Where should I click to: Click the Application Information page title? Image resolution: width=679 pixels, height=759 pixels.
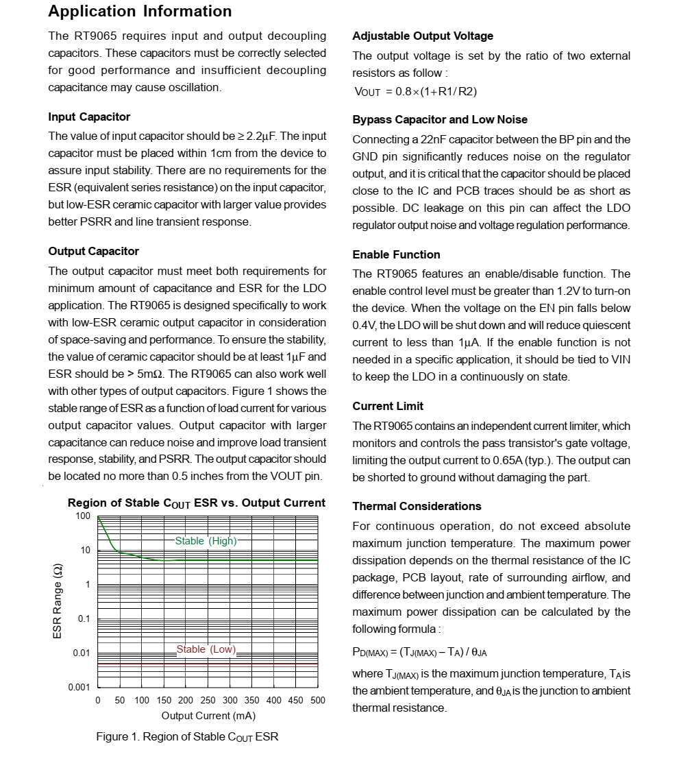click(x=140, y=12)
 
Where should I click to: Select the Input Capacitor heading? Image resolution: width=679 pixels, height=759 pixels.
click(x=89, y=117)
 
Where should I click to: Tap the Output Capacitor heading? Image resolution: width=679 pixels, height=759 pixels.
click(x=93, y=251)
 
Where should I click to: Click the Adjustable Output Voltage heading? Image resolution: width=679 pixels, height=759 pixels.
click(x=423, y=36)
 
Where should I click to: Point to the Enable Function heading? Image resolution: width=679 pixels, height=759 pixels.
click(x=396, y=254)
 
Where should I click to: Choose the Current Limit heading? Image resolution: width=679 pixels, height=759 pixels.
click(x=388, y=406)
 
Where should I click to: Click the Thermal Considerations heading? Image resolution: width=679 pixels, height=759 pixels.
click(x=417, y=506)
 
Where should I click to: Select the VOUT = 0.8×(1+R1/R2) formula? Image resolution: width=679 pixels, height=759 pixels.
click(x=415, y=92)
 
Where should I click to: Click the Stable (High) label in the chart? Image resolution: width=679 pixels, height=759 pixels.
click(x=206, y=541)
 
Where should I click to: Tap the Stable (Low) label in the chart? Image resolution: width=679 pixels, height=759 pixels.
click(x=206, y=649)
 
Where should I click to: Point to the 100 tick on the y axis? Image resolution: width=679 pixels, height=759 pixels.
click(x=83, y=516)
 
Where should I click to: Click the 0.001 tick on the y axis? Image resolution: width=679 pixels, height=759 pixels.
click(x=79, y=687)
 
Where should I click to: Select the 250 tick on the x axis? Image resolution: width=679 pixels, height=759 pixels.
click(x=208, y=700)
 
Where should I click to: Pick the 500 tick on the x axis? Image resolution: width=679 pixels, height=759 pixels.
click(x=317, y=700)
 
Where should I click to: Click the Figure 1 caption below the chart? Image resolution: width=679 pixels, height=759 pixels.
click(x=187, y=737)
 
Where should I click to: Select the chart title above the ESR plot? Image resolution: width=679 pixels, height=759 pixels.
click(x=196, y=503)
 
